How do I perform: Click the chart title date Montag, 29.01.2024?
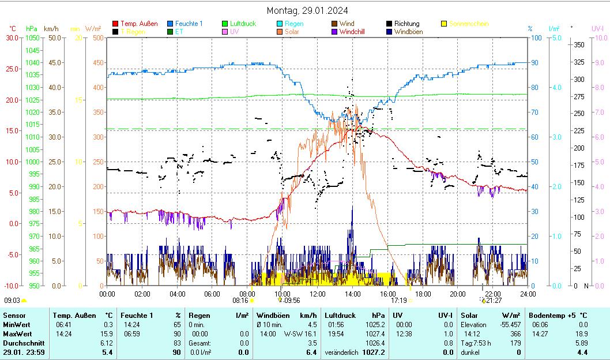[x=307, y=10]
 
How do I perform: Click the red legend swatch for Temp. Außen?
[x=115, y=24]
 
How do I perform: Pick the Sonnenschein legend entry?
[x=468, y=24]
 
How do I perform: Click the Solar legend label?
[x=292, y=32]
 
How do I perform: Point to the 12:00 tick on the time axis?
[x=317, y=294]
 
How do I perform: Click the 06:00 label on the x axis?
[x=212, y=294]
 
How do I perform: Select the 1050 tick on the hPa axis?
[x=33, y=37]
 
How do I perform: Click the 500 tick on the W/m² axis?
[x=97, y=37]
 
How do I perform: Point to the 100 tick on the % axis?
[x=536, y=37]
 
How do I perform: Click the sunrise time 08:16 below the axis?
[x=240, y=300]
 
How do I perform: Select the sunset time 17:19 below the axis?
[x=398, y=300]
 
